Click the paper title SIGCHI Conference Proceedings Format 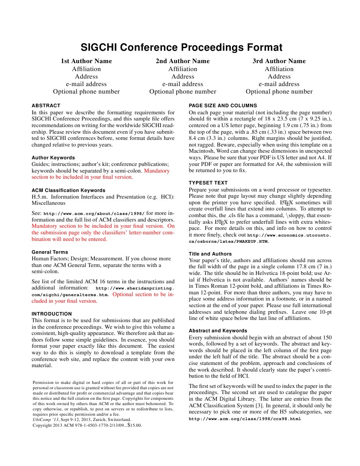(181, 48)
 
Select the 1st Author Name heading (86, 61)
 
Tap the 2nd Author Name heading (183, 61)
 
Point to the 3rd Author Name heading (279, 61)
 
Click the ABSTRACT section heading (46, 105)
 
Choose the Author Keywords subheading (53, 157)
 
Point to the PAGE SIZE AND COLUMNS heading (223, 105)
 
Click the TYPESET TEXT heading (208, 182)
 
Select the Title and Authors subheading (210, 254)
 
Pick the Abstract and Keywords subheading (218, 331)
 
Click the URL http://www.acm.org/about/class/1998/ (94, 213)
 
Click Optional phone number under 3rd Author (279, 92)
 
